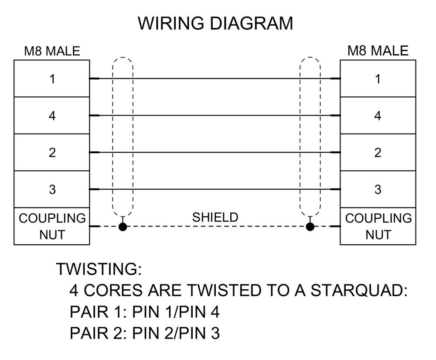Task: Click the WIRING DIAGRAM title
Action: pos(215,23)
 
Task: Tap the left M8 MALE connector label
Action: pos(52,51)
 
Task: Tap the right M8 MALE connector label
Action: pos(378,51)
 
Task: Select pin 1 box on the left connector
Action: pos(52,79)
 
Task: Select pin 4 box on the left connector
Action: pos(52,116)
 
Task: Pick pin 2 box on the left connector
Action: pos(52,152)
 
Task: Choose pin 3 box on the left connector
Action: pos(52,189)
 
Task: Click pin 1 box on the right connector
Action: pos(378,79)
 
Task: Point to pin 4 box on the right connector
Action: pos(378,116)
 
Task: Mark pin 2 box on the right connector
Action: pos(378,152)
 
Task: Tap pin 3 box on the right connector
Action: pos(378,189)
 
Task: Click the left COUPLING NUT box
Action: pos(52,226)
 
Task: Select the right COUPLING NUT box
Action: pos(378,226)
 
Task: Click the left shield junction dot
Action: pos(123,226)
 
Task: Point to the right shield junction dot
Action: pos(310,226)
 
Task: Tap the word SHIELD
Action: pos(215,217)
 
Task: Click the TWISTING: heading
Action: pos(99,269)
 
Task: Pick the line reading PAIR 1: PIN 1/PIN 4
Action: pos(145,312)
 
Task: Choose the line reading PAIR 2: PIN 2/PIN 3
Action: pos(145,333)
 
